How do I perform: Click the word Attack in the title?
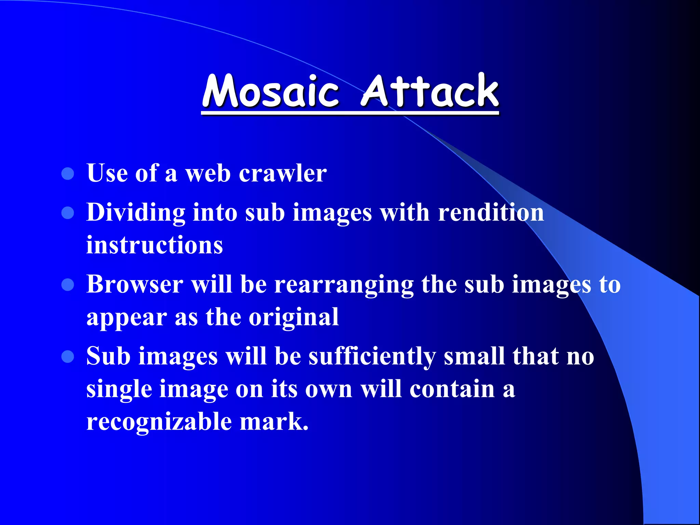point(430,91)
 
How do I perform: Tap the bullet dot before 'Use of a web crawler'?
point(68,174)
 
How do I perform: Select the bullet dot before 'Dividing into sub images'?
point(68,213)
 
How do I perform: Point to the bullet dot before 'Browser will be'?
point(68,285)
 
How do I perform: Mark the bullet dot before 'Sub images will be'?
point(68,356)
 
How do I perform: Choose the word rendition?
point(491,212)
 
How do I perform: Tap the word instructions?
point(154,245)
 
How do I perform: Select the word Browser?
point(135,284)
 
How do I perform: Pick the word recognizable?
point(159,422)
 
